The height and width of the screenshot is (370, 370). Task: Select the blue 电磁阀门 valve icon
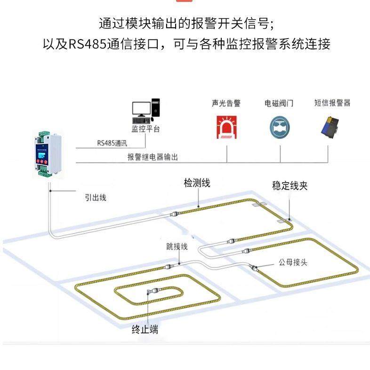[x=280, y=126]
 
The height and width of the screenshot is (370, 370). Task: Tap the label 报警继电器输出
[x=153, y=157]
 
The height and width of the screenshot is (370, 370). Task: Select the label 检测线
[x=197, y=183]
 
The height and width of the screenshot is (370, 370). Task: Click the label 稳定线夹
[x=290, y=185]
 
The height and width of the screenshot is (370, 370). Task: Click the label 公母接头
[x=293, y=262]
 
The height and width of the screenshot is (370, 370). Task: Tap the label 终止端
[x=145, y=330]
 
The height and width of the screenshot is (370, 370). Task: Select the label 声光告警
[x=226, y=103]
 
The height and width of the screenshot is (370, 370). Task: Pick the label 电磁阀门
[x=279, y=103]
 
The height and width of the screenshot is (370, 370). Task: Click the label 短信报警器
[x=332, y=103]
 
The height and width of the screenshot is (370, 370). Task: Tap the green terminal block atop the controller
[x=41, y=138]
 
